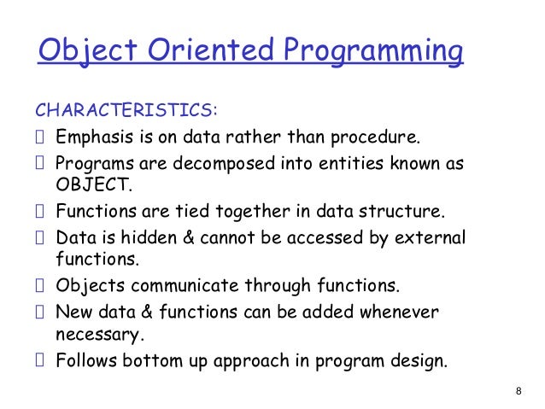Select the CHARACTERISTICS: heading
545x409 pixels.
coord(126,111)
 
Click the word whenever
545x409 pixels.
coord(399,312)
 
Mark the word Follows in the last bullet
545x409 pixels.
coord(85,359)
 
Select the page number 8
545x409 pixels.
coord(519,391)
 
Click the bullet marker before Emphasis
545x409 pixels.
coord(38,137)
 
